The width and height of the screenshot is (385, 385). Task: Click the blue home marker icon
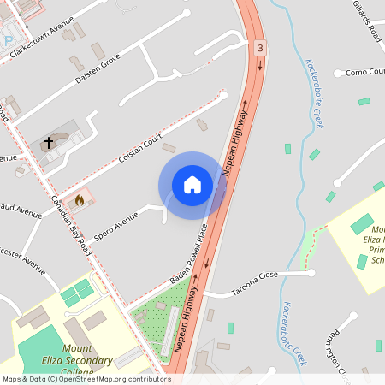coord(192,185)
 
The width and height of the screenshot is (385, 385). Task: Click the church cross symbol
coord(49,143)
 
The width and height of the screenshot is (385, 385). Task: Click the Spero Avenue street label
coord(115,225)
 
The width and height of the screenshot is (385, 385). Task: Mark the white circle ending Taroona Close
coord(311,273)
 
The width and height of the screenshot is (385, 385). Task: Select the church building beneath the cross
coord(54,147)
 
